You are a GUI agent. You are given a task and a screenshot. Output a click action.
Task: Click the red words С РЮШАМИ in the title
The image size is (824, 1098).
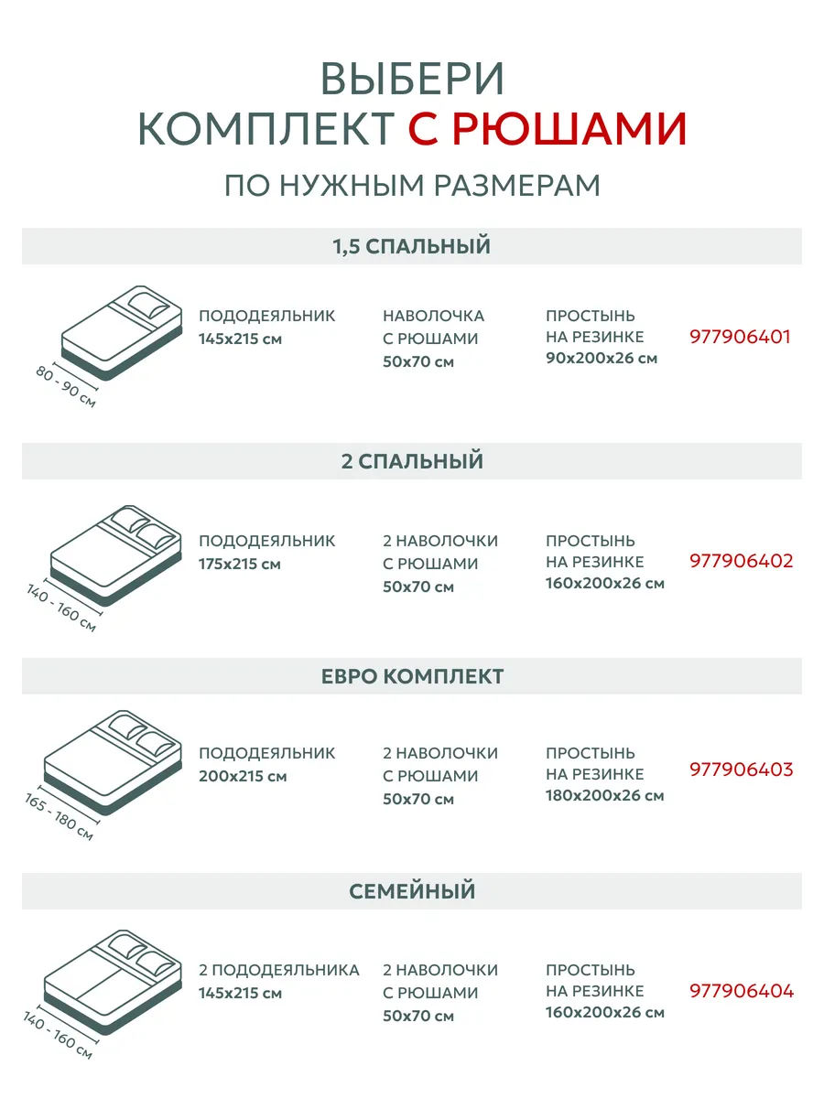(547, 129)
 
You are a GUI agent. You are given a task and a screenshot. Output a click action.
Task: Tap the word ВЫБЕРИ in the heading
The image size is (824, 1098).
(412, 79)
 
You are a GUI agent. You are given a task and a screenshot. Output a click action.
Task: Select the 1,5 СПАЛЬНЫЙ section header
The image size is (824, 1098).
(412, 246)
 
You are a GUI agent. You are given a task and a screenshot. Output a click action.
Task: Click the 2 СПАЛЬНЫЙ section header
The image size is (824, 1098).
(412, 461)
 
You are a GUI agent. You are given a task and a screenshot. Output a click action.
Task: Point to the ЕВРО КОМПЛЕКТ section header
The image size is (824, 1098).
(412, 676)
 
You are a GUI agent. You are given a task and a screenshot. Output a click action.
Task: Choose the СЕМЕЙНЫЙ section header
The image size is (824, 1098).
(412, 891)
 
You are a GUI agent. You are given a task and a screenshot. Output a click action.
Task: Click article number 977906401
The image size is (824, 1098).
(740, 337)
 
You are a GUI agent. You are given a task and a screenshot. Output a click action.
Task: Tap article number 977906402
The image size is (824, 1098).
(742, 561)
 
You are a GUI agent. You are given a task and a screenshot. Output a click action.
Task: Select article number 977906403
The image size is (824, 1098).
(742, 770)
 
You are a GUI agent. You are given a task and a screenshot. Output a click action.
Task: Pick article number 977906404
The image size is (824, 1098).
(742, 991)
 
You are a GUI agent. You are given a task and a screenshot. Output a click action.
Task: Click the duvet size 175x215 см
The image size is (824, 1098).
(240, 565)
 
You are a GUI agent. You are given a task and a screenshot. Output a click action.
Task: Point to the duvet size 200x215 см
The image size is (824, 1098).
(243, 776)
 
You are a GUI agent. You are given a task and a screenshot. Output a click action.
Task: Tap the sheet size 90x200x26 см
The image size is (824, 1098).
(602, 358)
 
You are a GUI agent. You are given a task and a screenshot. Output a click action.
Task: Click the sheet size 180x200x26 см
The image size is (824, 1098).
(605, 795)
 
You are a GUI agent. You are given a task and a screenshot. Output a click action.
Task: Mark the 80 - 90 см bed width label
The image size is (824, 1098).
(66, 387)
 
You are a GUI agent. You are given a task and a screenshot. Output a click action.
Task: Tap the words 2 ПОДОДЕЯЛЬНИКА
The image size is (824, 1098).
(278, 970)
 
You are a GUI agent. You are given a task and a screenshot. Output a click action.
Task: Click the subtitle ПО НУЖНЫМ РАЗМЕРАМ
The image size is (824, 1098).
(412, 186)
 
